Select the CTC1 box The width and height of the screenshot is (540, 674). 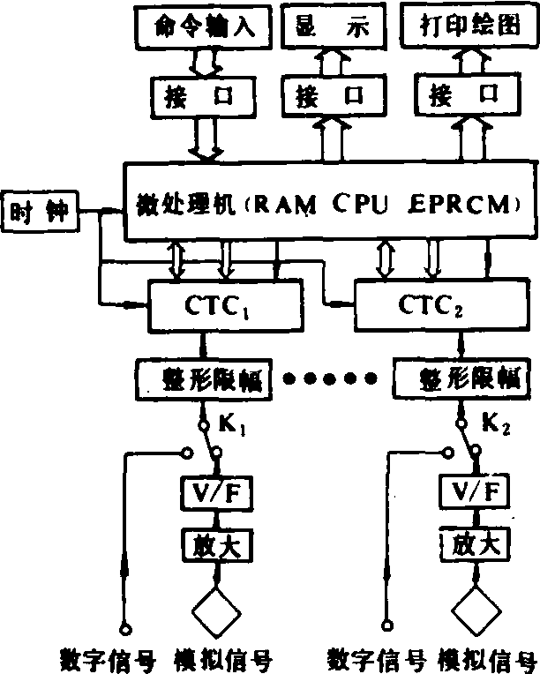tap(214, 305)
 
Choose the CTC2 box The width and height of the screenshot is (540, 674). tap(430, 305)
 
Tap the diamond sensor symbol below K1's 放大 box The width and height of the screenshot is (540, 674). tap(214, 609)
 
